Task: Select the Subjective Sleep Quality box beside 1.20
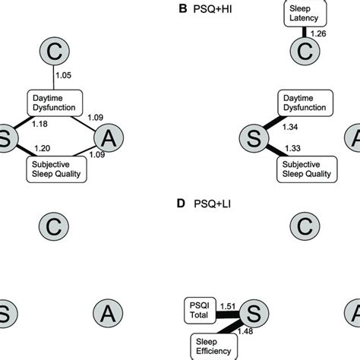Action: [x=57, y=167]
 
